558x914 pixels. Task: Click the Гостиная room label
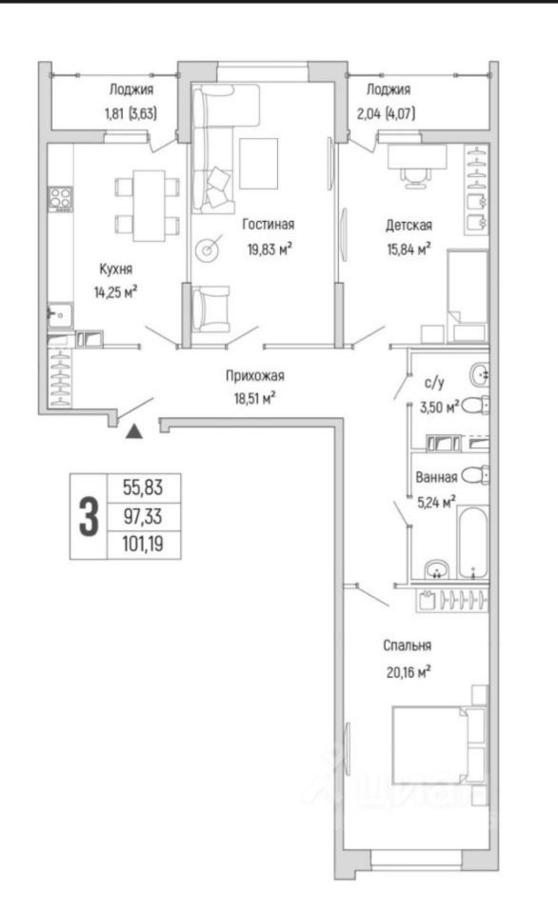coord(269,225)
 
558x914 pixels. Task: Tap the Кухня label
coord(115,269)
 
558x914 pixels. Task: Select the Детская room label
coord(409,225)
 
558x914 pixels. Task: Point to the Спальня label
coord(407,646)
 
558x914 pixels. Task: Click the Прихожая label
coord(255,376)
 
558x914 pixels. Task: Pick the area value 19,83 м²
coord(269,249)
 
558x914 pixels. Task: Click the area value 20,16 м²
coord(409,673)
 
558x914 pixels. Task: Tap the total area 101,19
coord(143,545)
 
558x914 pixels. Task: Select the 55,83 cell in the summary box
coord(143,487)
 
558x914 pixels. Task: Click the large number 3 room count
coord(89,516)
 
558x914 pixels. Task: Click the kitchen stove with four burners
coord(61,198)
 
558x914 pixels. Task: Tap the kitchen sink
coord(59,315)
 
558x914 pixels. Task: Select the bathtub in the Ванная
coord(471,543)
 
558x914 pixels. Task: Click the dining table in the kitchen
coord(149,206)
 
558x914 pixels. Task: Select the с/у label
coord(434,383)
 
